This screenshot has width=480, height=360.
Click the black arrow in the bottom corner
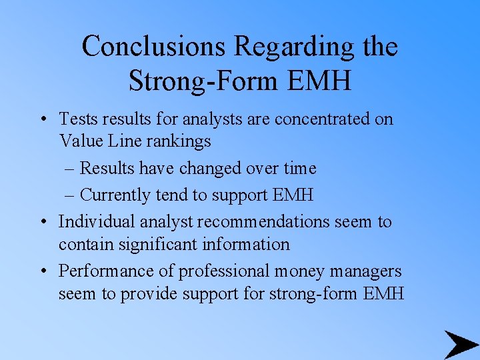pos(460,344)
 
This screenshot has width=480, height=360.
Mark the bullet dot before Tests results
pos(42,120)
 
